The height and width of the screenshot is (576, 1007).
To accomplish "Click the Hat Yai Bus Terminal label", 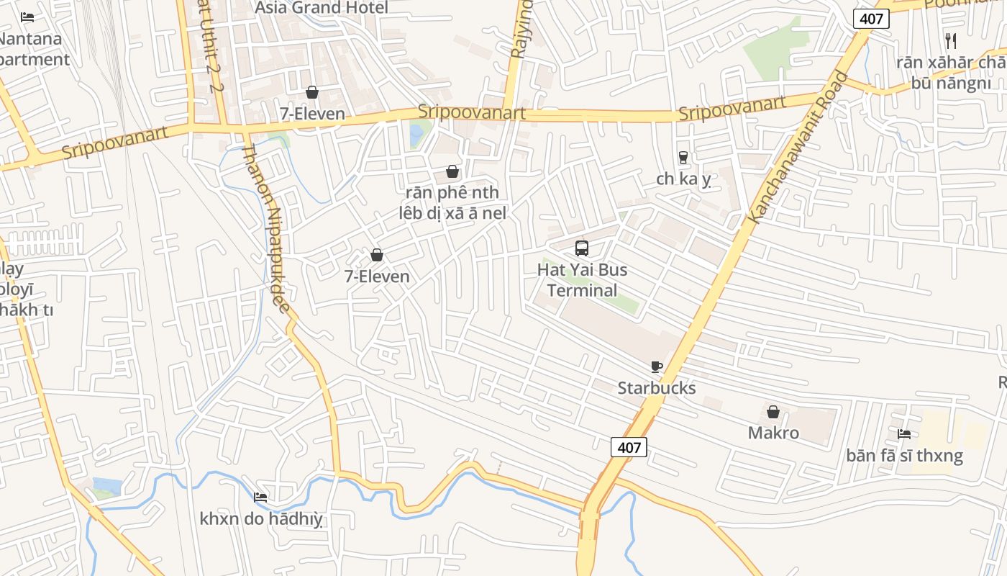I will click(x=582, y=280).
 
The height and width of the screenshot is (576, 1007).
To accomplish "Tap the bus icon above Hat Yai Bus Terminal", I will click(x=582, y=248).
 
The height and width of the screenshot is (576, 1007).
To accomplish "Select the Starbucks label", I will click(x=657, y=388).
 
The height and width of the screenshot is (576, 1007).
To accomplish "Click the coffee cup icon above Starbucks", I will click(x=656, y=366).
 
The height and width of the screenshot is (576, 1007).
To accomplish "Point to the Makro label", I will click(x=773, y=433).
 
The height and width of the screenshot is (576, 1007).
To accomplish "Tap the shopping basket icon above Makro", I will click(x=773, y=412).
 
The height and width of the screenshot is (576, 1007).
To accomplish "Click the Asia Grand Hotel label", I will click(x=322, y=8).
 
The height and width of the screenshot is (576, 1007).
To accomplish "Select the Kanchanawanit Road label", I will click(x=798, y=148).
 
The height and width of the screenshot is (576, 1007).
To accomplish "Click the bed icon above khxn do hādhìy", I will click(x=260, y=497).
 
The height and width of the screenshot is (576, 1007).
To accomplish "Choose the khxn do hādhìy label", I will click(x=261, y=518).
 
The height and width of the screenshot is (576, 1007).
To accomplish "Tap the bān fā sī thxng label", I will click(x=904, y=455).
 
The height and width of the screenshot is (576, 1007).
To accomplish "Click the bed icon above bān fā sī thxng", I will click(x=904, y=433).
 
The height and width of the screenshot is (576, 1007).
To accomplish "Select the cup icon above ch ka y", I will click(x=683, y=157).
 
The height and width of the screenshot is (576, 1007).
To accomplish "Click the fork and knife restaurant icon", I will click(x=950, y=40).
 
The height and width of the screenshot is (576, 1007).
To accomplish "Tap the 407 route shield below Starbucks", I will click(x=629, y=447).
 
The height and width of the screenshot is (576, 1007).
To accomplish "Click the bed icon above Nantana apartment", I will click(x=27, y=17).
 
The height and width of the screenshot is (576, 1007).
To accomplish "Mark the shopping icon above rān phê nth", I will click(x=452, y=171).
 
